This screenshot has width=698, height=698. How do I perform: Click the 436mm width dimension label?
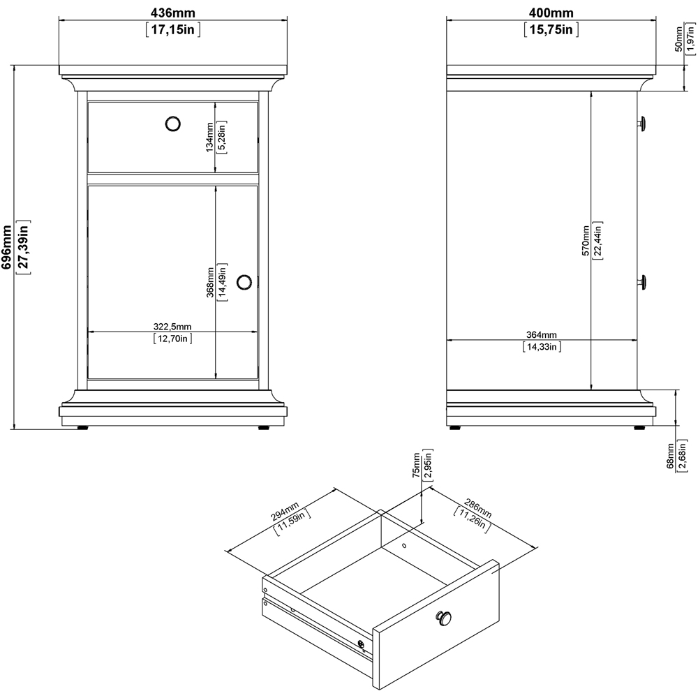(x=172, y=13)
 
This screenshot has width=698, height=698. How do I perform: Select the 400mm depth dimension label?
(x=550, y=13)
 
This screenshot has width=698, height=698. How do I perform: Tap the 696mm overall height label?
(x=7, y=247)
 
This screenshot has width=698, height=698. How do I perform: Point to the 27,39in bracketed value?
(x=22, y=247)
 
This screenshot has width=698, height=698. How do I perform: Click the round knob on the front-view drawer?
(x=172, y=124)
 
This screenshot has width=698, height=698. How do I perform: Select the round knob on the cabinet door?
(x=244, y=282)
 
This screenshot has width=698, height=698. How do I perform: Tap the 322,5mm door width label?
(x=172, y=327)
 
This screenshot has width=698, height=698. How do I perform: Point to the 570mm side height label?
(x=585, y=241)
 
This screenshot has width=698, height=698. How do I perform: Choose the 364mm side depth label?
(x=541, y=334)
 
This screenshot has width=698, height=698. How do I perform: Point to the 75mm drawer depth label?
(x=415, y=466)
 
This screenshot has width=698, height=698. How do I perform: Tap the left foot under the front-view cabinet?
(x=82, y=428)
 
